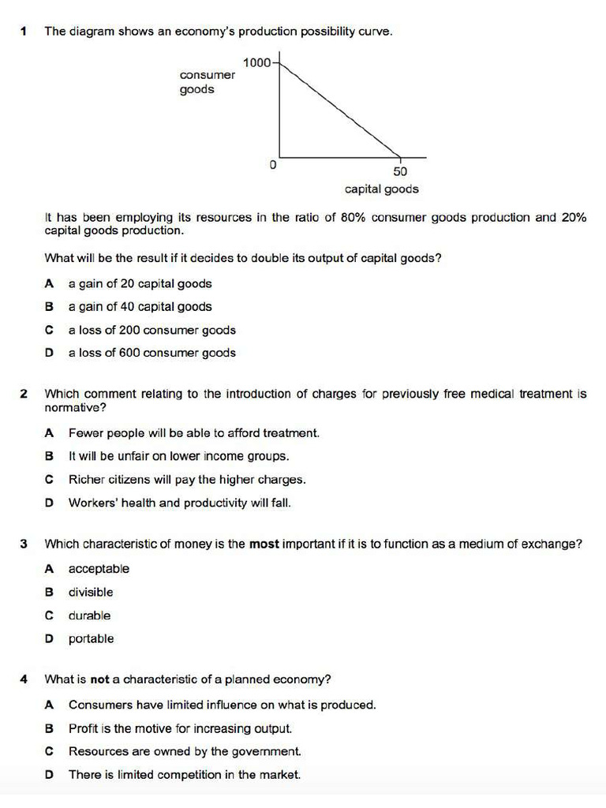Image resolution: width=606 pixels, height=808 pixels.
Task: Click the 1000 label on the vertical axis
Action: (256, 62)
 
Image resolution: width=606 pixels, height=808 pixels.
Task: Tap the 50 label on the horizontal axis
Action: (400, 172)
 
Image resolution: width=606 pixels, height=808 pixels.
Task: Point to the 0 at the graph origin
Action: (272, 166)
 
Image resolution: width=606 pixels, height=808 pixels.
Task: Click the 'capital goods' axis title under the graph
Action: (382, 189)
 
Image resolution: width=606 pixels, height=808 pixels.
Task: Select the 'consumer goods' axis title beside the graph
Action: (207, 82)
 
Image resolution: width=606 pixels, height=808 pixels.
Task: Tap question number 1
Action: (24, 32)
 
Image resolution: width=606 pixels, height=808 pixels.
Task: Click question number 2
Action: (24, 393)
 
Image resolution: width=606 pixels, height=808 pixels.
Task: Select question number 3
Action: (24, 544)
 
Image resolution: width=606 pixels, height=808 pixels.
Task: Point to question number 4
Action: (24, 679)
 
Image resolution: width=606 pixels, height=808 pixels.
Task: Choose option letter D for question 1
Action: (49, 353)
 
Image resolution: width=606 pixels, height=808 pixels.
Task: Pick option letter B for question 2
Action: (49, 456)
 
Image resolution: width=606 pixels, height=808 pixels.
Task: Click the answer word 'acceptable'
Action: (99, 569)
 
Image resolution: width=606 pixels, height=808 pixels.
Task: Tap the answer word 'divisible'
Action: (91, 592)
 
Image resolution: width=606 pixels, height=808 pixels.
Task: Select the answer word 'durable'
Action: (89, 615)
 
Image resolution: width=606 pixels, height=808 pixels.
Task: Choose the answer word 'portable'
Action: (91, 639)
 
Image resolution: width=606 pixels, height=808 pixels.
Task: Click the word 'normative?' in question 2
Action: (75, 408)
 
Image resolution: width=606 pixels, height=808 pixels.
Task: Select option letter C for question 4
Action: (49, 752)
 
